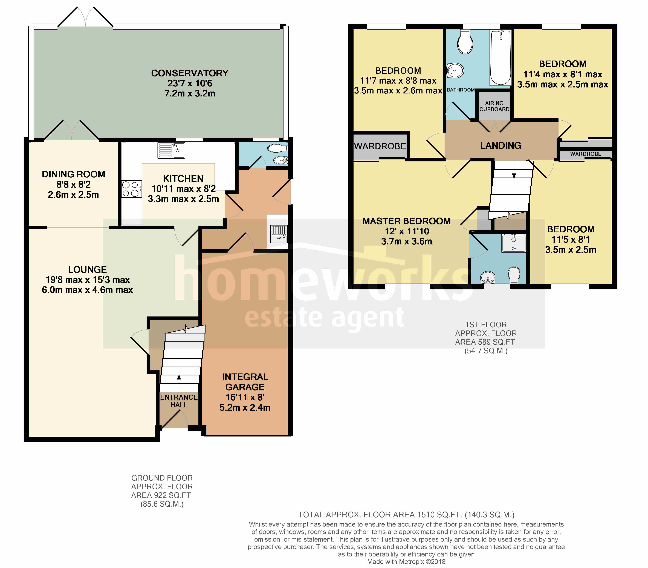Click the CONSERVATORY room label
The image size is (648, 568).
click(x=190, y=73)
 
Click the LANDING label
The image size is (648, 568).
click(x=501, y=145)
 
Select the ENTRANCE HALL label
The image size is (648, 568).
click(x=179, y=401)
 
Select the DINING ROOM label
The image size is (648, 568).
click(x=73, y=174)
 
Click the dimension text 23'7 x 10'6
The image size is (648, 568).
click(x=190, y=83)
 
